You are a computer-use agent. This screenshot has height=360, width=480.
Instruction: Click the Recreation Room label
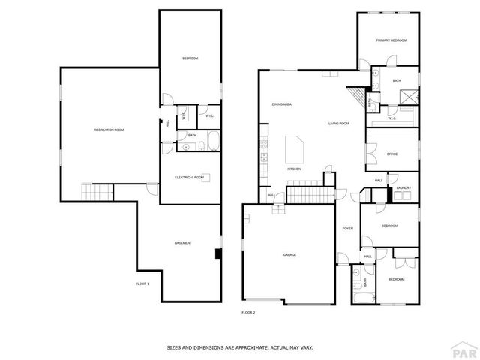(x=109, y=130)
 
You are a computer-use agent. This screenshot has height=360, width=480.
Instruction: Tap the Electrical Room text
(x=189, y=178)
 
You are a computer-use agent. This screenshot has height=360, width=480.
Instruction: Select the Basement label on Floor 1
(x=183, y=243)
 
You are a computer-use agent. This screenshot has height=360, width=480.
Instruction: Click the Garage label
(x=289, y=255)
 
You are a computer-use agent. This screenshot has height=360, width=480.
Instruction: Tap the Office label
(x=391, y=154)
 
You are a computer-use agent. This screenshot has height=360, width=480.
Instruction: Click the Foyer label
(x=348, y=228)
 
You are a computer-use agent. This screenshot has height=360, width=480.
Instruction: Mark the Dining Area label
(x=281, y=104)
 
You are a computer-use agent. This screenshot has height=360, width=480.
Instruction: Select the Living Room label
(x=338, y=124)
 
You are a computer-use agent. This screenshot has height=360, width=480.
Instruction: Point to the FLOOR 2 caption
(x=248, y=312)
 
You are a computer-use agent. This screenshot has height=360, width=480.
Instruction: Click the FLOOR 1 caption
(x=142, y=283)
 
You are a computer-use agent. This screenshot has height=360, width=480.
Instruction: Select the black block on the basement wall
(x=217, y=253)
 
